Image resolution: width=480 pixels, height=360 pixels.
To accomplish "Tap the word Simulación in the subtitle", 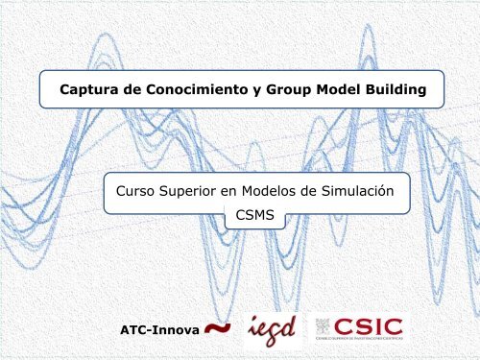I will click(359, 192).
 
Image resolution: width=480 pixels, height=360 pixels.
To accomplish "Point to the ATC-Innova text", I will click(158, 331).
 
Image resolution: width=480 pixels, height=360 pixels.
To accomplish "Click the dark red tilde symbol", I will click(218, 329).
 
